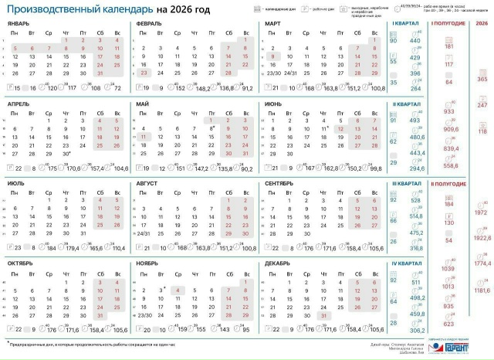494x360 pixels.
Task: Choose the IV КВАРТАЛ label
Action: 405,263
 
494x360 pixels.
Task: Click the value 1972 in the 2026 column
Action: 480,212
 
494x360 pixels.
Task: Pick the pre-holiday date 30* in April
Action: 67,155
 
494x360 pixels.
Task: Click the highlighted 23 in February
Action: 144,72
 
